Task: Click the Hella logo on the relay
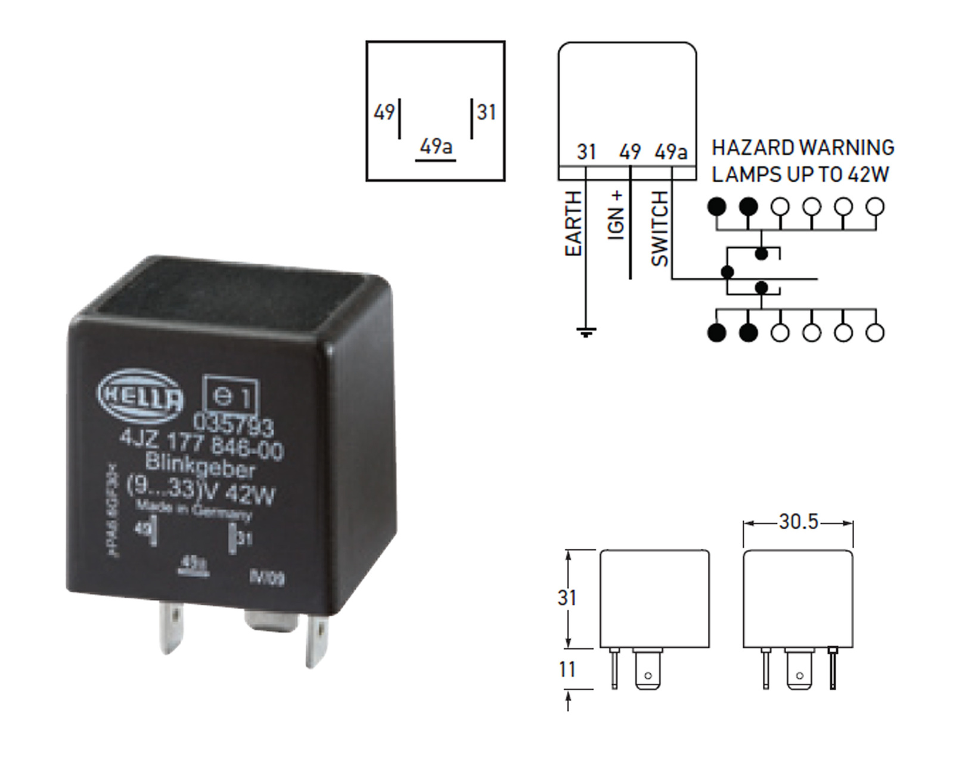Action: click(141, 394)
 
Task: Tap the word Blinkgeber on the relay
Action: click(200, 465)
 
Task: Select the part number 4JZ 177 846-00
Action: click(201, 444)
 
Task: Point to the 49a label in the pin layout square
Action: click(436, 146)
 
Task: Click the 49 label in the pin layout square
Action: click(384, 112)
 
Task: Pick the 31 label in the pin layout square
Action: click(486, 112)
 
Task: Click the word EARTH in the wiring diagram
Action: click(573, 224)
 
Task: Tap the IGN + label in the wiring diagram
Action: click(616, 215)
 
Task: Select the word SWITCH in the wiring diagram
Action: click(660, 228)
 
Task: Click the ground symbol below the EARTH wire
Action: click(586, 332)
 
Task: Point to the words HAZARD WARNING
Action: click(803, 148)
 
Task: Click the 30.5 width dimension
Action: click(798, 522)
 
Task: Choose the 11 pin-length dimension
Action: click(567, 669)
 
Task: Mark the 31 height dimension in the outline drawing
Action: click(567, 598)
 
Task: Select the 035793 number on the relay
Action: click(233, 424)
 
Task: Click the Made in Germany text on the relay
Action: click(194, 511)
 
